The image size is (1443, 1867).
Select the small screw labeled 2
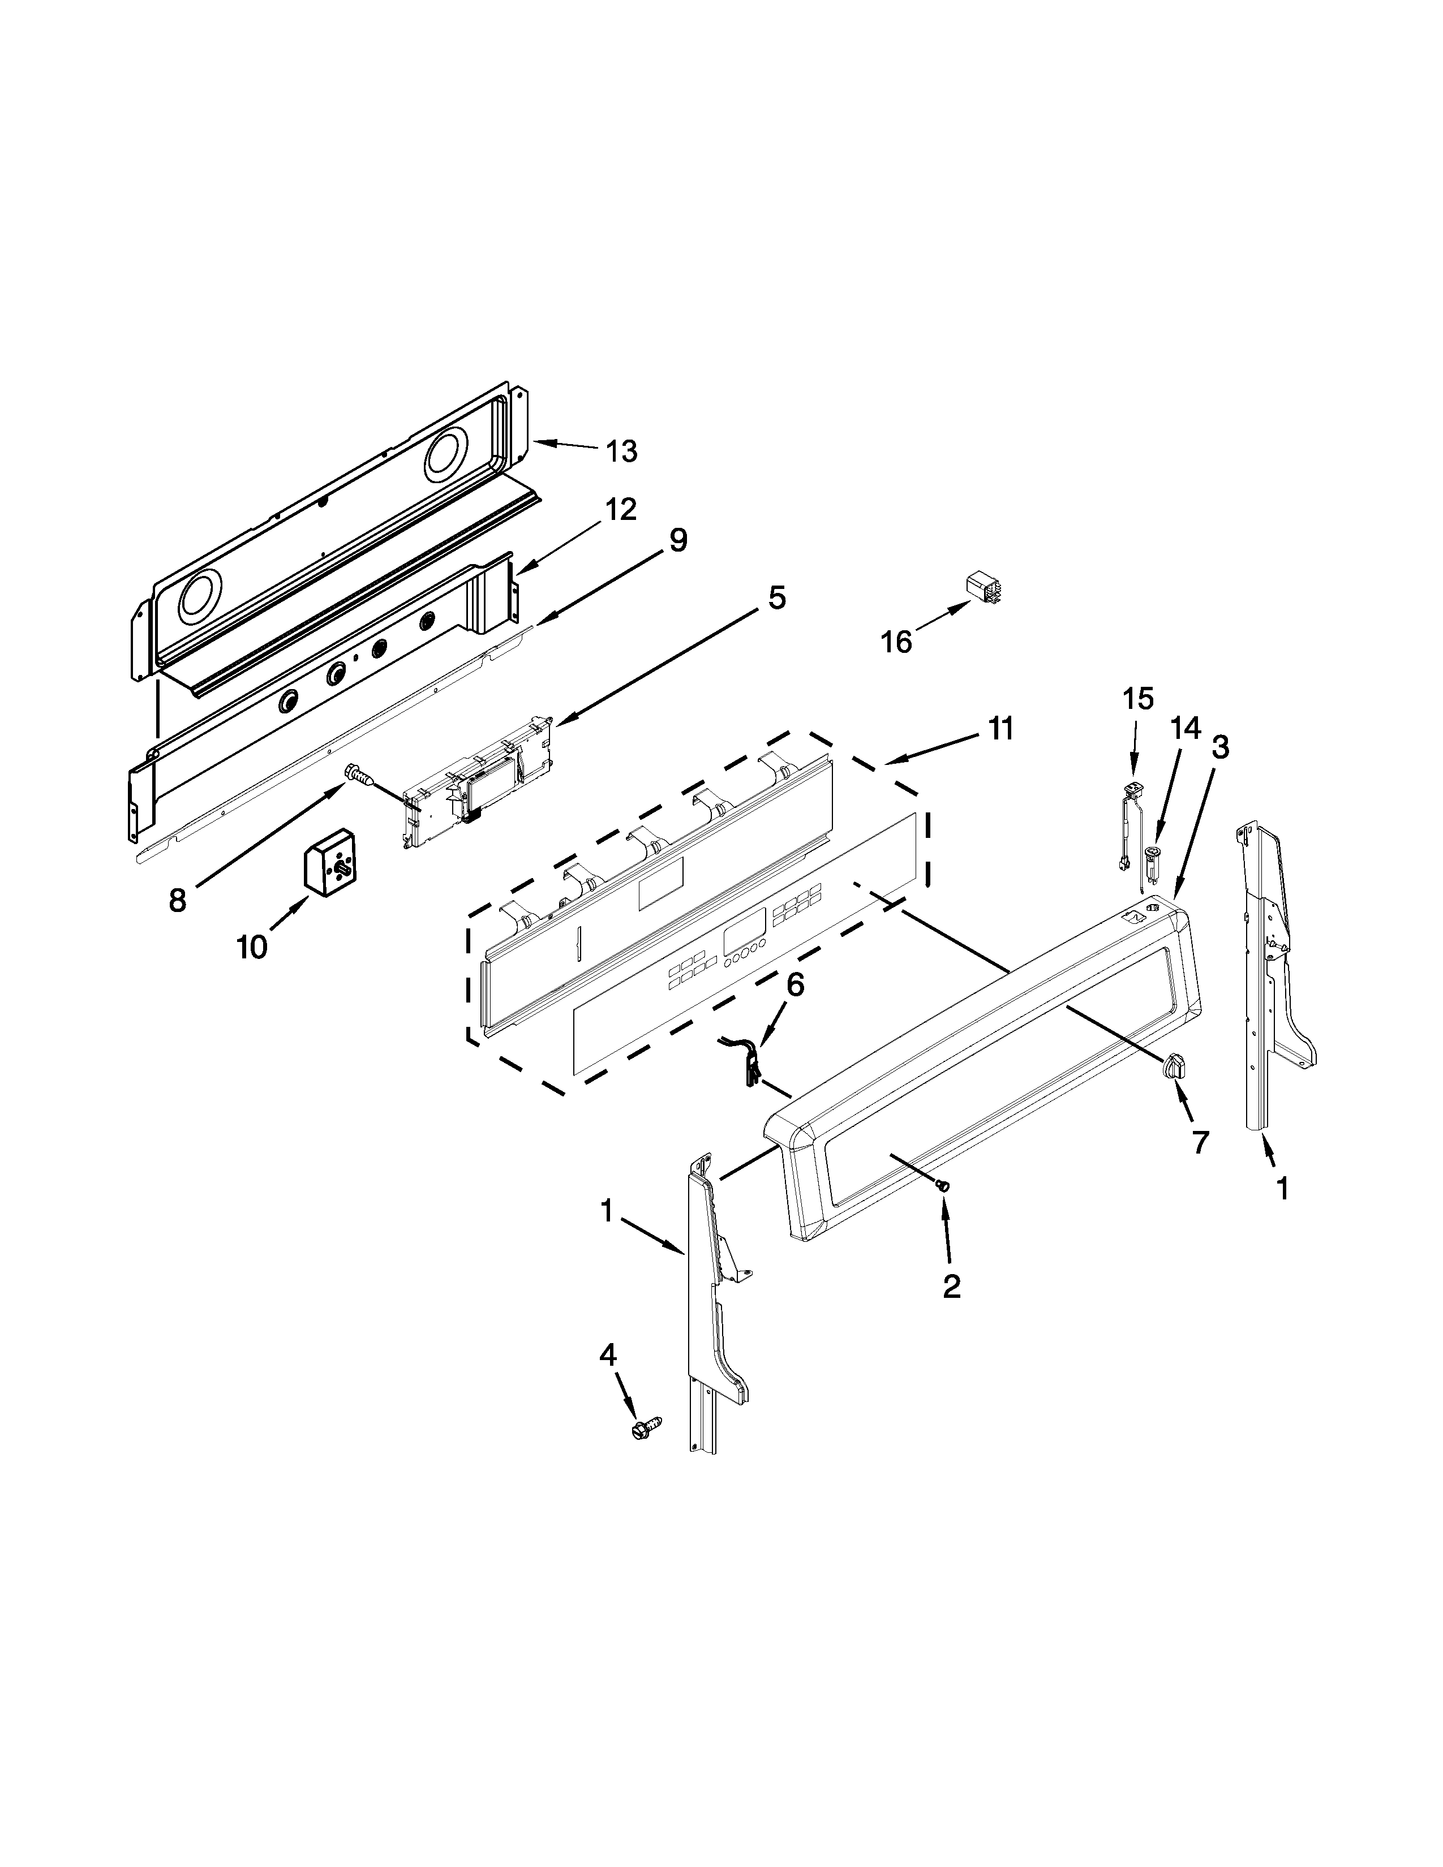tap(943, 1186)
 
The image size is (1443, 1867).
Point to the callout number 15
tap(1138, 698)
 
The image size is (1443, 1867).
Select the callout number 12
tap(621, 510)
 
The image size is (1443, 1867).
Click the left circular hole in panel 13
tap(203, 596)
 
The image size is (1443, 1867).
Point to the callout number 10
tap(252, 947)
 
